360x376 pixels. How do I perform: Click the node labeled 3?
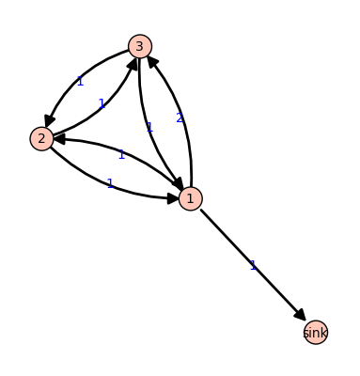click(140, 46)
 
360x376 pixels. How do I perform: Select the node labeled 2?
click(41, 139)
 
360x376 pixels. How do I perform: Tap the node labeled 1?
click(190, 198)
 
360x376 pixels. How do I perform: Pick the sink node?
click(316, 333)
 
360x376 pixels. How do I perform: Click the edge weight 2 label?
click(180, 117)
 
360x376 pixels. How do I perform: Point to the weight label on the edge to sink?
click(253, 265)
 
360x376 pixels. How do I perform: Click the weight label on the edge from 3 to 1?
click(149, 127)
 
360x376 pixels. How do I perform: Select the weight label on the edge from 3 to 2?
click(80, 82)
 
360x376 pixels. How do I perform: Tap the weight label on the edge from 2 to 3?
click(102, 104)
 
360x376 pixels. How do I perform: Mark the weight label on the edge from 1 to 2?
click(121, 154)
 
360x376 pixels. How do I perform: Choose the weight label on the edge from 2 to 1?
click(110, 183)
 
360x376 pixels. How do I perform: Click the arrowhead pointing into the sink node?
click(300, 316)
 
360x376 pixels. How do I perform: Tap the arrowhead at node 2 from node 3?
click(49, 121)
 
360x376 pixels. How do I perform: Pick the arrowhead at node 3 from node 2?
click(132, 62)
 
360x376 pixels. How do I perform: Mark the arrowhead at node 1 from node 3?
click(177, 184)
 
